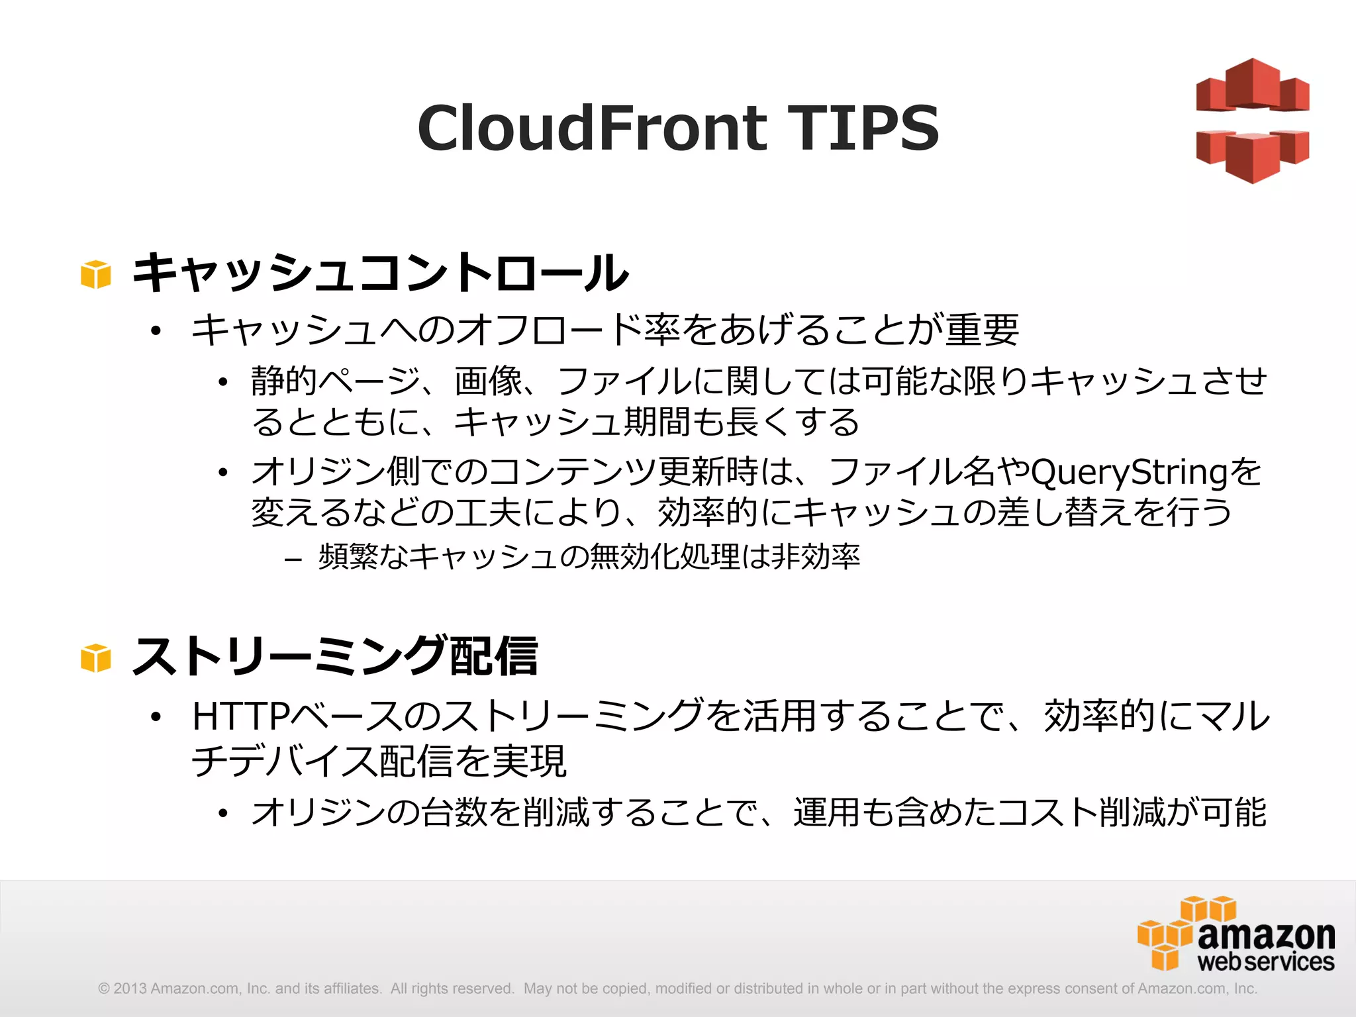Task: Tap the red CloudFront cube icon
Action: click(1252, 121)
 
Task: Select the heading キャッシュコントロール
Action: click(380, 272)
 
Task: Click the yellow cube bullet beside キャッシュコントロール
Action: click(95, 274)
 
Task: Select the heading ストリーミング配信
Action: click(335, 656)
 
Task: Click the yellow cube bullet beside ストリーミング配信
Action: click(95, 658)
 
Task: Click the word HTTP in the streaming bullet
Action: click(241, 716)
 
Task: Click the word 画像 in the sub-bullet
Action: click(488, 381)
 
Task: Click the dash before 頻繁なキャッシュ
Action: click(293, 559)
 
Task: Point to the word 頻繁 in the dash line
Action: click(348, 556)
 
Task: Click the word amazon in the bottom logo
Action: click(1266, 935)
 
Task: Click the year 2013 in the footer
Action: click(130, 989)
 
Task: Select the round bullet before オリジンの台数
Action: click(223, 814)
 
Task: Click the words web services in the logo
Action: click(1266, 962)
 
